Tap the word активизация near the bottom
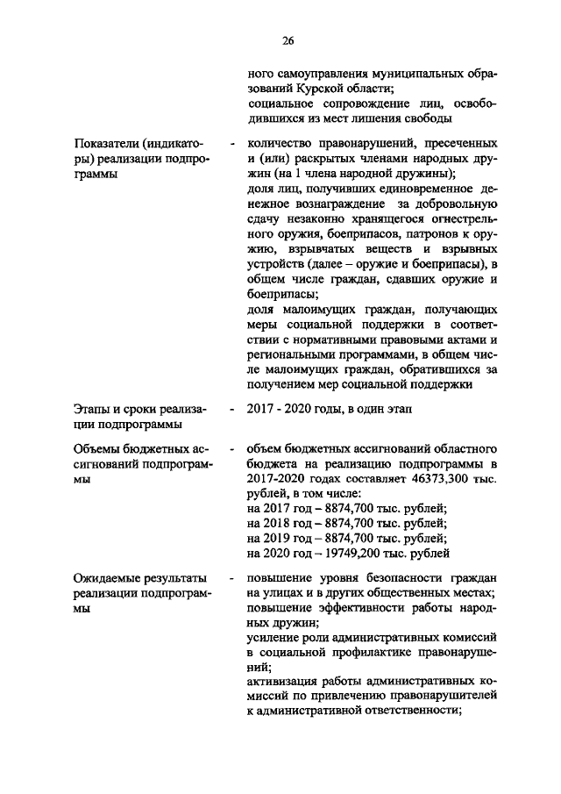point(287,681)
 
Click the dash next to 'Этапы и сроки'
point(230,409)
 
